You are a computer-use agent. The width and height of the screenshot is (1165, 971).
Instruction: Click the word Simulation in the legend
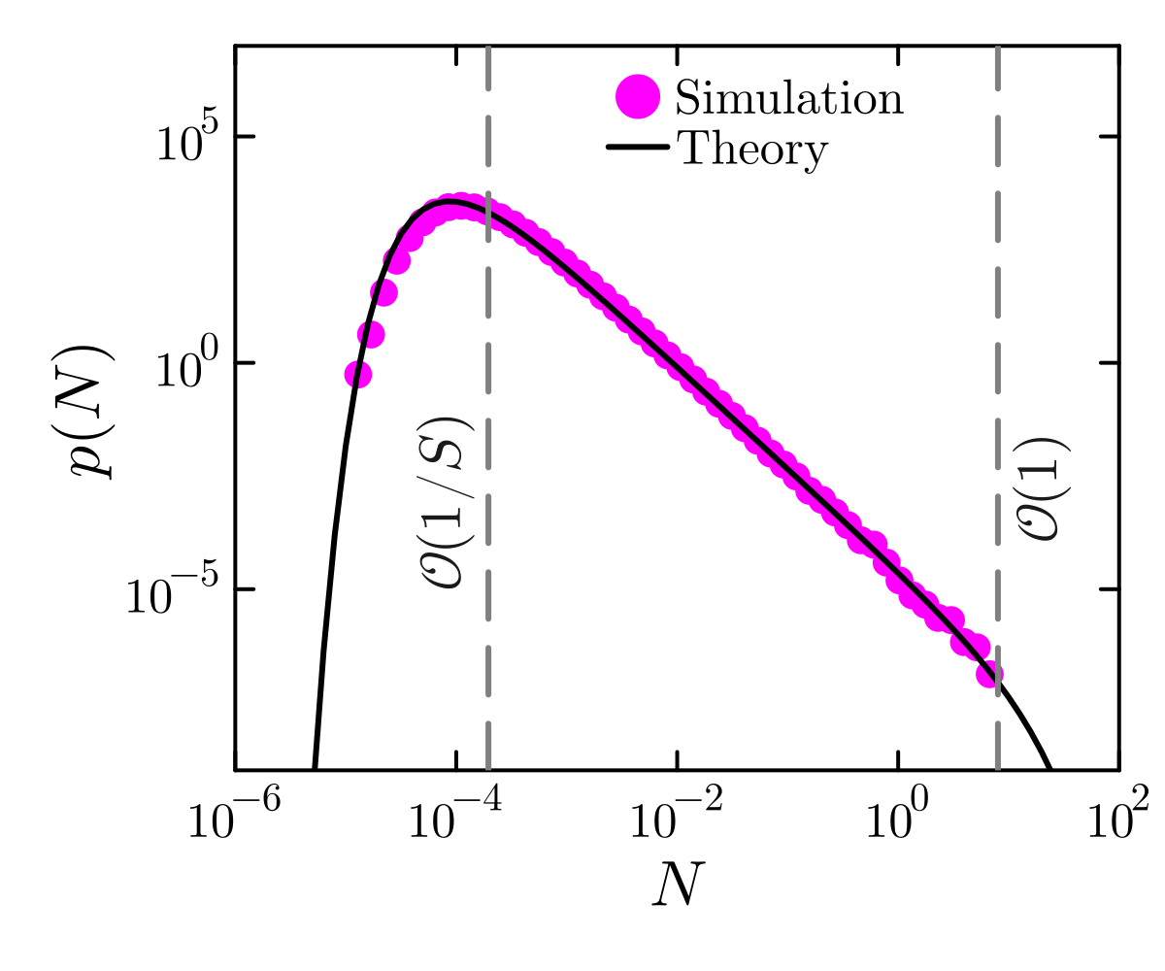pyautogui.click(x=789, y=98)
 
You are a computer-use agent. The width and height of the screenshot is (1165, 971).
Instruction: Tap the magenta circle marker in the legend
pyautogui.click(x=638, y=96)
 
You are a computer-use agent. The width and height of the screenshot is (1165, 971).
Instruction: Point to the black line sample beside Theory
pyautogui.click(x=638, y=148)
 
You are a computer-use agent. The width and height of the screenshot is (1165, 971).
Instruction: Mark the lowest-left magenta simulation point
pyautogui.click(x=358, y=374)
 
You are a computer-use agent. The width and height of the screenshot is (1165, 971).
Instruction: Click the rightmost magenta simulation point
pyautogui.click(x=990, y=674)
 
